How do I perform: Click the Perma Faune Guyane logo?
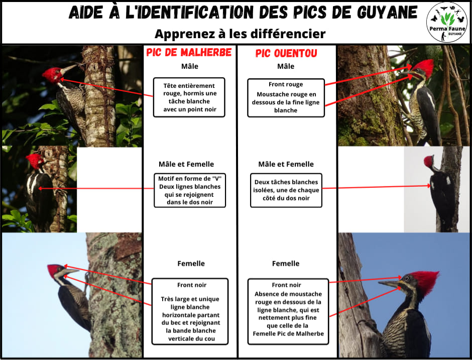[x=447, y=22]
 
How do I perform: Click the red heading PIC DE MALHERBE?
[x=189, y=52]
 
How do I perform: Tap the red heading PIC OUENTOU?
[x=286, y=53]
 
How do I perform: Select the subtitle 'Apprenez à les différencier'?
[x=240, y=34]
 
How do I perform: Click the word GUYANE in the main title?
[x=387, y=13]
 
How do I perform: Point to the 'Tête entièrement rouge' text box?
[x=189, y=97]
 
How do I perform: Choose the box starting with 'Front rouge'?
[x=286, y=97]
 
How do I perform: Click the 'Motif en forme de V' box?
[x=190, y=190]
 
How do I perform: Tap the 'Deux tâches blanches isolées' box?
[x=286, y=190]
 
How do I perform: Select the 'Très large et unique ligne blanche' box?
[x=190, y=311]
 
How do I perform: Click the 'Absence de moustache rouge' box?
[x=288, y=311]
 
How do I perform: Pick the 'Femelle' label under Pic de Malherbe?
[x=191, y=264]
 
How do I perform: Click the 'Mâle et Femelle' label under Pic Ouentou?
[x=286, y=164]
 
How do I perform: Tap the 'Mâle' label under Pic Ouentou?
[x=286, y=66]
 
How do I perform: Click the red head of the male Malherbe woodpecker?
[x=53, y=75]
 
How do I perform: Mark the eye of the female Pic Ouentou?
[x=407, y=278]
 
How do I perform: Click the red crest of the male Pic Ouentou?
[x=424, y=67]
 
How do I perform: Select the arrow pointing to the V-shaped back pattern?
[x=96, y=188]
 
